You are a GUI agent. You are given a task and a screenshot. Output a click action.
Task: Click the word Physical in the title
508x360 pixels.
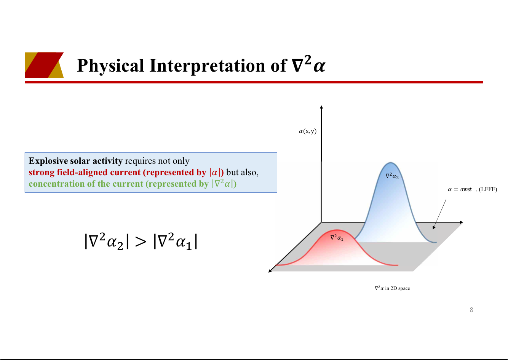click(x=110, y=66)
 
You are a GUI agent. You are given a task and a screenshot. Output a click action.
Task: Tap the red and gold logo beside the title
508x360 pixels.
click(x=44, y=65)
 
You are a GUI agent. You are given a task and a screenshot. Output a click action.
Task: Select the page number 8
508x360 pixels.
click(x=471, y=310)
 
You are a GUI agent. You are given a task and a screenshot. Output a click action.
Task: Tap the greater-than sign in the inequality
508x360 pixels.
click(x=141, y=242)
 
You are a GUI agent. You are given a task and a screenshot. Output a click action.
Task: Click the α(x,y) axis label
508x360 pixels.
click(x=308, y=131)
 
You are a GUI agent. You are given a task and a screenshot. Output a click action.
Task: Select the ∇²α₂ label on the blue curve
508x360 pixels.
click(x=392, y=176)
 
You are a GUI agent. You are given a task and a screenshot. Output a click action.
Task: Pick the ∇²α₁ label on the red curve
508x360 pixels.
click(x=337, y=237)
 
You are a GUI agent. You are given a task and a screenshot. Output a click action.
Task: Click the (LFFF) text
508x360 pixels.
click(x=488, y=189)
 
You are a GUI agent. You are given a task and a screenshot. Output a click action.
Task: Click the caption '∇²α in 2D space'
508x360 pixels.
click(x=392, y=288)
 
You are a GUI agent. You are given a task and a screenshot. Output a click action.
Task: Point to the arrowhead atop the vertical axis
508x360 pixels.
click(x=321, y=107)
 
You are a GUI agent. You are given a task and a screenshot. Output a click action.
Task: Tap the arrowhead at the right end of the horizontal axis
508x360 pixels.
click(x=462, y=222)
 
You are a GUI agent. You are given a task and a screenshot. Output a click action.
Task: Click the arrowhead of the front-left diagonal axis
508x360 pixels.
click(x=270, y=271)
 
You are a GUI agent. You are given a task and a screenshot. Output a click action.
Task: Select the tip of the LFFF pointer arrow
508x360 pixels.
click(x=433, y=229)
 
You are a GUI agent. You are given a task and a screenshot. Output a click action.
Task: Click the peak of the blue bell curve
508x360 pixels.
click(x=391, y=162)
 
